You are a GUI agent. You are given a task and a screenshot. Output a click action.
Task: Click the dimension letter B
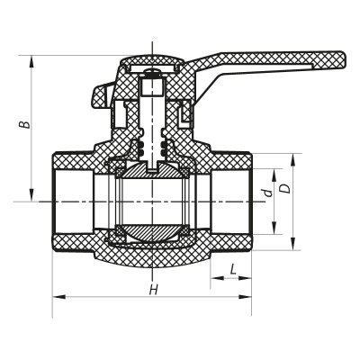pos(28,123)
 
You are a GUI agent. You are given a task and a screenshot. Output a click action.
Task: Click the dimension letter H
pos(154,290)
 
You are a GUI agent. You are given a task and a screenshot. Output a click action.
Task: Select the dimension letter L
pos(233,268)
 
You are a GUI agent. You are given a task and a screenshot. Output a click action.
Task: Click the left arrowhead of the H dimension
pos(56,295)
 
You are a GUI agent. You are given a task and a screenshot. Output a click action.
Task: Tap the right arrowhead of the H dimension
pos(248,295)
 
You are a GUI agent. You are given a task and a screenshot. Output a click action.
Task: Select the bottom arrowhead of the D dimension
pos(292,245)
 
